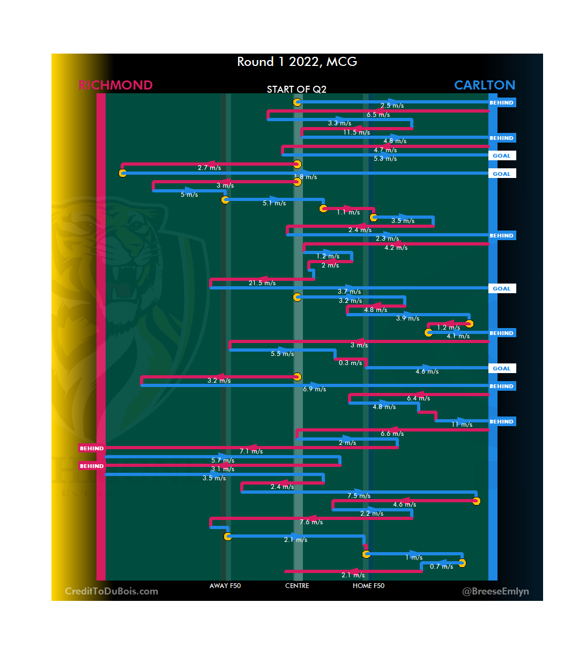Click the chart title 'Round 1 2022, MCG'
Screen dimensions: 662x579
coord(297,62)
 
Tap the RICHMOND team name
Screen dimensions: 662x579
coord(115,85)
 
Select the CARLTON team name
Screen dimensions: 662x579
coord(484,85)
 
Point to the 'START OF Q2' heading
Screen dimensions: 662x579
coord(296,90)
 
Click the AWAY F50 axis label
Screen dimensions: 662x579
coord(225,586)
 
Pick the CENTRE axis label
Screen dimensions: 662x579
coord(297,586)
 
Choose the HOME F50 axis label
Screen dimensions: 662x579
coord(368,586)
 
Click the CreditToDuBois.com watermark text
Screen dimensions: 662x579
coord(112,591)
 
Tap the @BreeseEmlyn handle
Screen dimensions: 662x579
coord(495,591)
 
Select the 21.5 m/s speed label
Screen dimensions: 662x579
coord(262,283)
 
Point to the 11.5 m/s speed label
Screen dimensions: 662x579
coord(357,132)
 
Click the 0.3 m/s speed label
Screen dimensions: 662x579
coord(350,363)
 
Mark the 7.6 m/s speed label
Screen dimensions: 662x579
coord(311,522)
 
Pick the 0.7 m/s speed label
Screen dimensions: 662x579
coord(441,567)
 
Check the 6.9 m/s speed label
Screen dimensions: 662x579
coord(314,389)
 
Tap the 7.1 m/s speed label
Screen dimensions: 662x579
coord(251,451)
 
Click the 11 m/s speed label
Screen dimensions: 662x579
coord(462,425)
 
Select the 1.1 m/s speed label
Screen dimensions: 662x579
coord(348,212)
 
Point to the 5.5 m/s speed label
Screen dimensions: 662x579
coord(282,354)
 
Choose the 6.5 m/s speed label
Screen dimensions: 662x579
coord(378,115)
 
